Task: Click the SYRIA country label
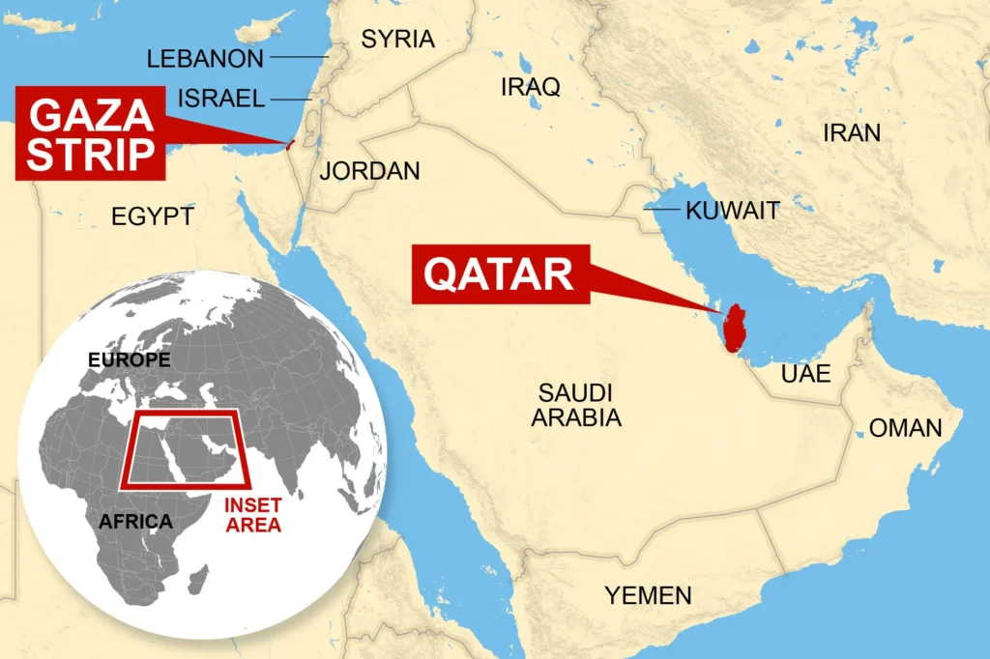click(397, 40)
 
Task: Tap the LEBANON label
click(205, 59)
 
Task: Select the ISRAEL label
click(221, 99)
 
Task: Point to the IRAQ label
click(530, 87)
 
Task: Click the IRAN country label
click(852, 133)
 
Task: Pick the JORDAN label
click(369, 171)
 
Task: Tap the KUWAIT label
click(732, 211)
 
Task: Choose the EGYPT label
click(153, 216)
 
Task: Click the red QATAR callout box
click(499, 274)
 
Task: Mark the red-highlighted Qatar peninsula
click(736, 327)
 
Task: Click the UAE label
click(806, 374)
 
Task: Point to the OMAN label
click(905, 428)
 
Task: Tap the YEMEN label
click(648, 595)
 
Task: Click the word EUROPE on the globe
click(129, 360)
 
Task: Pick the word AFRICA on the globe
click(135, 522)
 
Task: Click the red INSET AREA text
click(252, 516)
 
